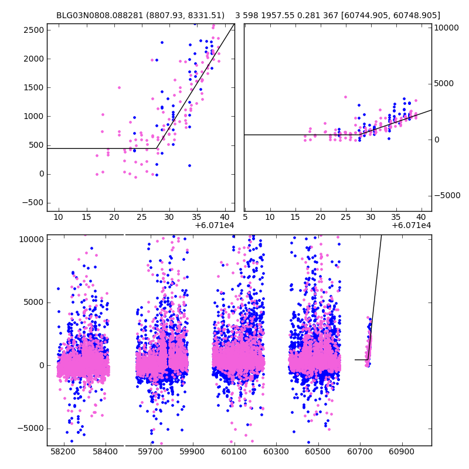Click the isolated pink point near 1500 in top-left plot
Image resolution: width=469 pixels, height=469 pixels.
[119, 87]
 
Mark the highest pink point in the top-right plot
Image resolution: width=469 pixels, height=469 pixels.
[345, 97]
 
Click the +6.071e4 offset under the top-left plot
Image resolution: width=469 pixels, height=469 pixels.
[215, 225]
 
